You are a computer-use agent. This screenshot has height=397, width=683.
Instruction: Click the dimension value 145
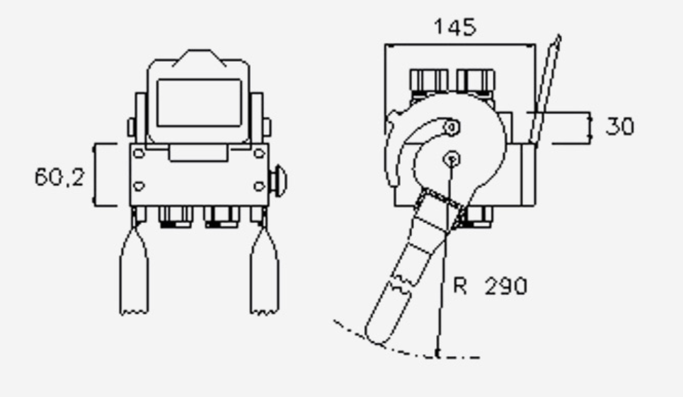click(x=455, y=26)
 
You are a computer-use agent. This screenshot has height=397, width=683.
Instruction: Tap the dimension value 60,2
click(x=59, y=177)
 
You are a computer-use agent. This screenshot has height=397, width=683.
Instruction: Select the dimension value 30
click(x=620, y=127)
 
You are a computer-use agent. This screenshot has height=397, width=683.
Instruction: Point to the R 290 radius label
click(x=490, y=286)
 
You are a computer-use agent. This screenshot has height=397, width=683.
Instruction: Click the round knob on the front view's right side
click(x=278, y=181)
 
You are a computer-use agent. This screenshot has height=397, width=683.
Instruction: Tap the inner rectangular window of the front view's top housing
click(x=199, y=103)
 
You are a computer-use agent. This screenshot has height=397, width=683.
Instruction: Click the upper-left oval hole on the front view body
click(x=139, y=153)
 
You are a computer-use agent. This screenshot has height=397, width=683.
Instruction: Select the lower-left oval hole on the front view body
click(x=139, y=186)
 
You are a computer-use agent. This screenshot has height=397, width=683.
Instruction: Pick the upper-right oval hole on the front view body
click(x=259, y=153)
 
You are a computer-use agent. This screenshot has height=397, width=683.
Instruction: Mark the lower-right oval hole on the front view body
click(x=259, y=186)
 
